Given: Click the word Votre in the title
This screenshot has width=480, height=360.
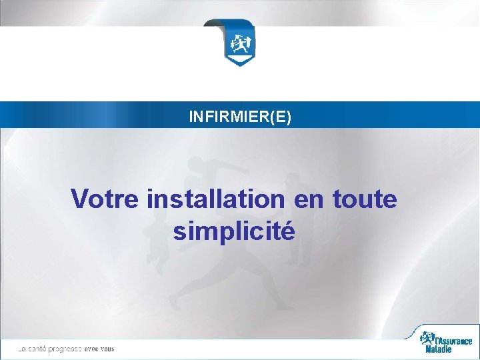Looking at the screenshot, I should click(x=106, y=199).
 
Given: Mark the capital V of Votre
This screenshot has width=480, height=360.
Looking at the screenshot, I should click(x=79, y=199).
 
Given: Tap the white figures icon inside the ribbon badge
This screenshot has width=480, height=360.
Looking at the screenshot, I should click(x=239, y=43).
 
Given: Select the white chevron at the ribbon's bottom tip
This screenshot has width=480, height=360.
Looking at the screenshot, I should click(x=239, y=61).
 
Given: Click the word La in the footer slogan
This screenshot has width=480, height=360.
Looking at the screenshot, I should click(x=22, y=349).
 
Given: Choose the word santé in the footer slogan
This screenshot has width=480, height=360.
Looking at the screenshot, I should click(x=39, y=349).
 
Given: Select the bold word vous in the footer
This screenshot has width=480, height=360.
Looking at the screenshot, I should click(x=109, y=349).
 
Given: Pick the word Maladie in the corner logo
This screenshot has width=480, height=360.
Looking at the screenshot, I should click(x=439, y=349).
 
